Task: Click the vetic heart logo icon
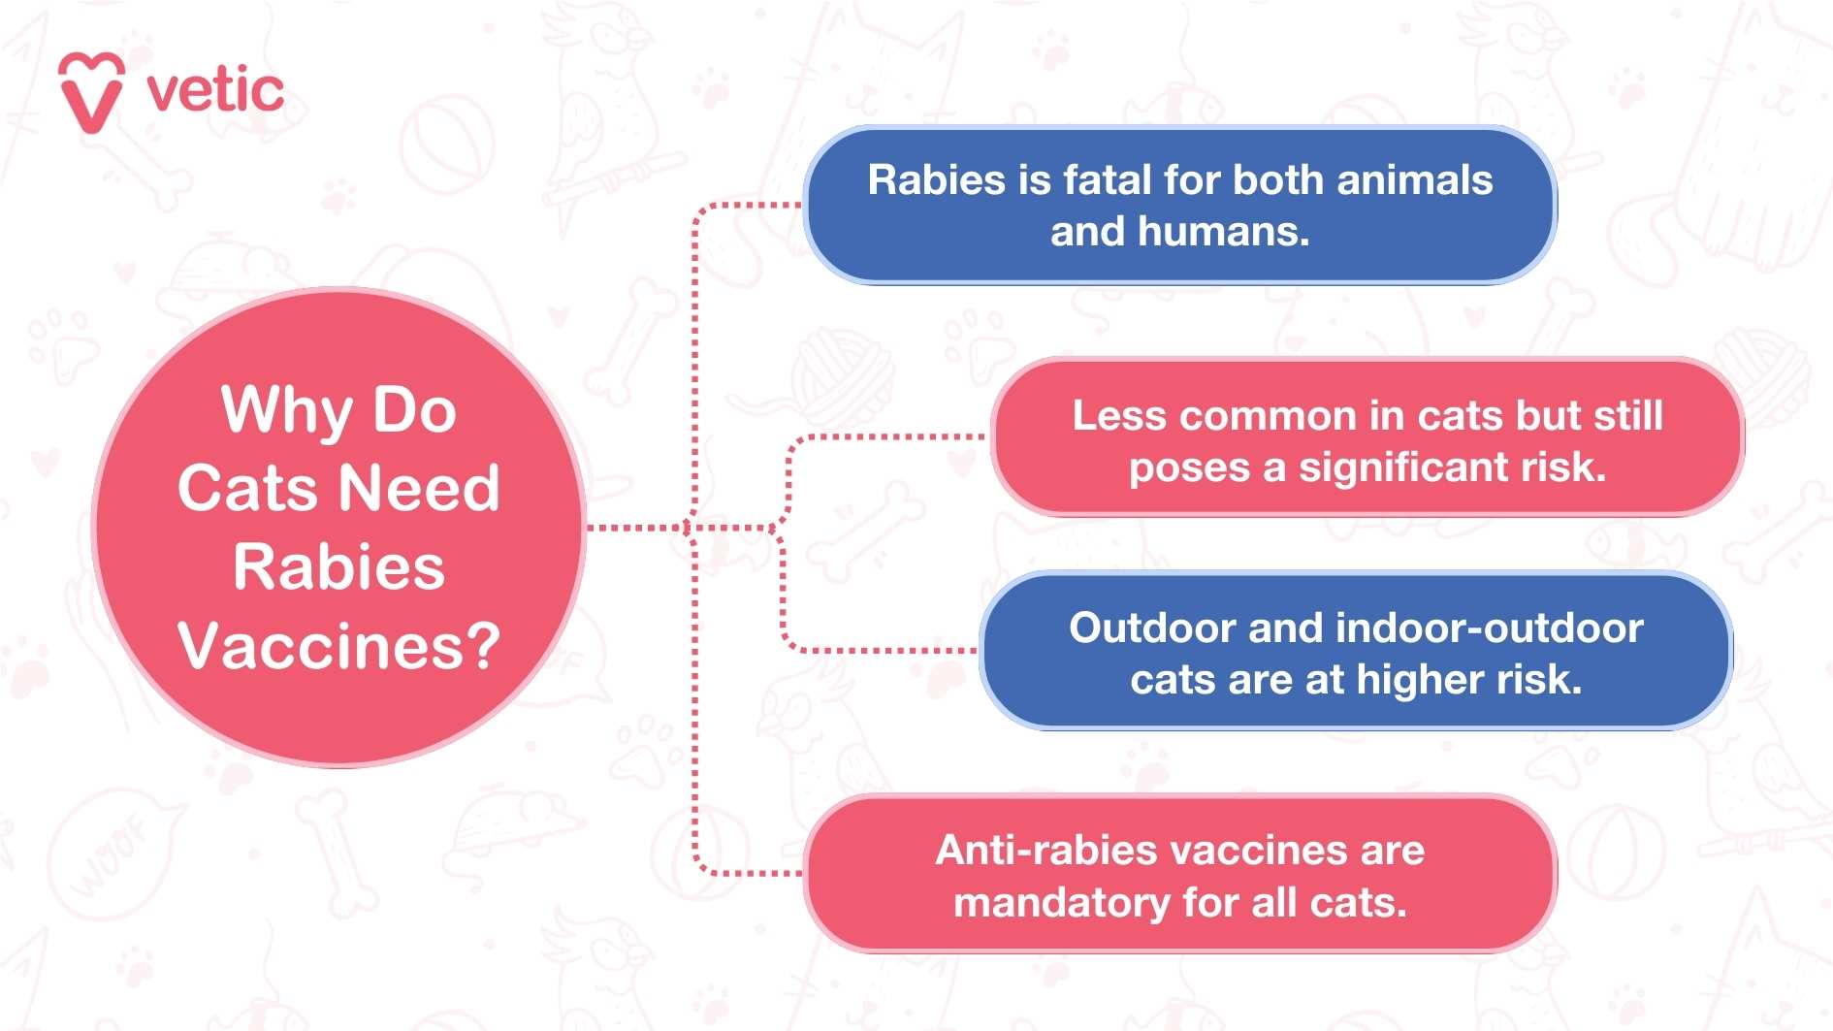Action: coord(91,92)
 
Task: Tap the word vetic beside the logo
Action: coord(215,91)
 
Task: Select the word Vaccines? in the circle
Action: coord(338,646)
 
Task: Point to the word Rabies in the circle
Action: coord(338,567)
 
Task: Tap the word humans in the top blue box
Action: coord(1223,232)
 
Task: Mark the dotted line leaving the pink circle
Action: coord(630,528)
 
